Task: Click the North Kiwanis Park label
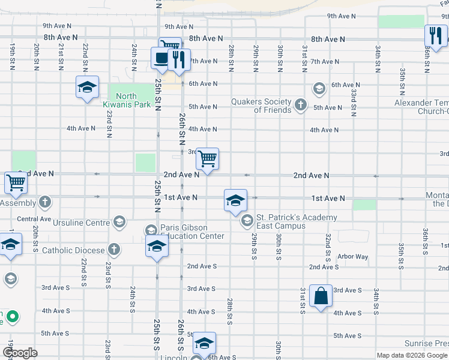[x=126, y=100]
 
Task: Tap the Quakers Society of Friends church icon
[x=301, y=106]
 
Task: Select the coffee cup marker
[x=161, y=58]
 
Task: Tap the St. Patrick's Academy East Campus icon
[x=246, y=221]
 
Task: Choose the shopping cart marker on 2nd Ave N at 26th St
[x=207, y=159]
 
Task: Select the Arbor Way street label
[x=352, y=257]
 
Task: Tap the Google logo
[x=20, y=353]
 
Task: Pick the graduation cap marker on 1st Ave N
[x=235, y=200]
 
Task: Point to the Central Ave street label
[x=34, y=220]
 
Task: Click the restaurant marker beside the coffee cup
[x=178, y=58]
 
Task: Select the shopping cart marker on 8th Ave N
[x=170, y=46]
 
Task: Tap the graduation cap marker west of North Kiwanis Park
[x=87, y=87]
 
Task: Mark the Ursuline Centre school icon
[x=119, y=223]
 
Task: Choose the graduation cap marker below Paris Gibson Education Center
[x=157, y=247]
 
